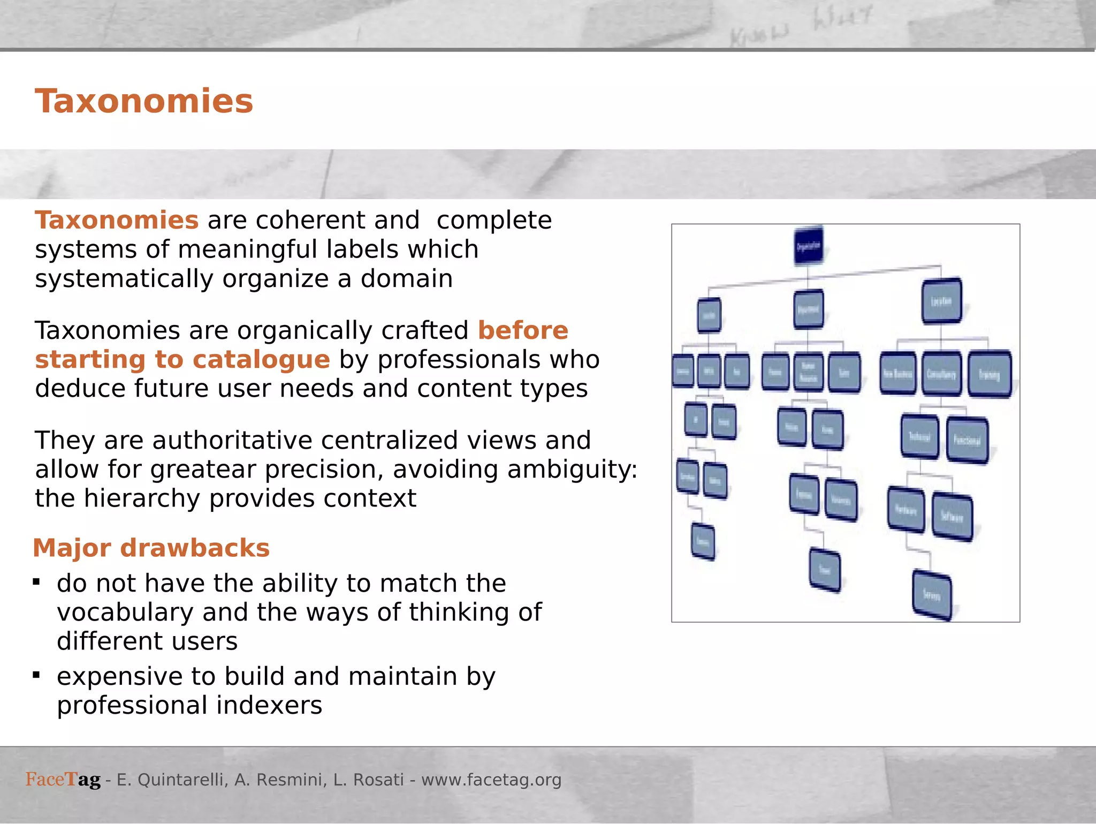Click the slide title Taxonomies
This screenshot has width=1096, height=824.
coord(144,101)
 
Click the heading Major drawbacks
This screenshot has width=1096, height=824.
coord(151,548)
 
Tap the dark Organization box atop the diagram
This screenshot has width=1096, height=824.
coord(808,246)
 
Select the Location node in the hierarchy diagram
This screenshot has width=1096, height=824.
coord(941,301)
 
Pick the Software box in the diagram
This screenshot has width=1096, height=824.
coord(952,517)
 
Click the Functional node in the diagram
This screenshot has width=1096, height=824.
coord(967,440)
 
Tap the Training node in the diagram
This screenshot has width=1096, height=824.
coord(990,374)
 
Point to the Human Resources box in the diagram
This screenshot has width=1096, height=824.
coord(808,372)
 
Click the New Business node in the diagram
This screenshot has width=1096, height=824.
coord(898,374)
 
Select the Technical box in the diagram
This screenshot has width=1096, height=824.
coord(919,437)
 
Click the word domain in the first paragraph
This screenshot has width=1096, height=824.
coord(406,279)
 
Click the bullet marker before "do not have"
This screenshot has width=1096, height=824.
coord(36,582)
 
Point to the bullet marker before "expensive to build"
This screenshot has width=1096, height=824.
coord(36,675)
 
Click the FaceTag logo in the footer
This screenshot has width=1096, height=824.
coord(63,779)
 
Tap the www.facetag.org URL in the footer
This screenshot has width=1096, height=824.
coord(491,780)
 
